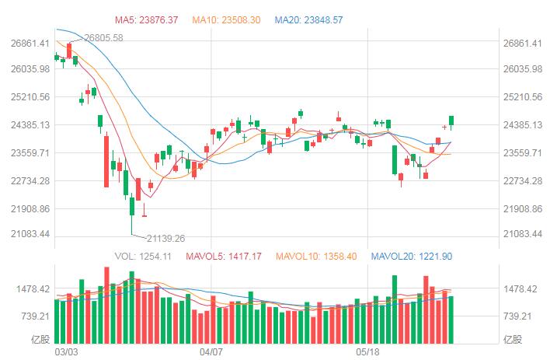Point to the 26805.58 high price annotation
click(103, 37)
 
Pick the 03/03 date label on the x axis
click(67, 352)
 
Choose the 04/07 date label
click(211, 352)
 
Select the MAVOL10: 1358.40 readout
click(313, 256)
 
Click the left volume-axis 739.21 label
click(34, 316)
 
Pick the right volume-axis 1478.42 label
click(520, 289)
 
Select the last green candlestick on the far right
click(451, 120)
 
